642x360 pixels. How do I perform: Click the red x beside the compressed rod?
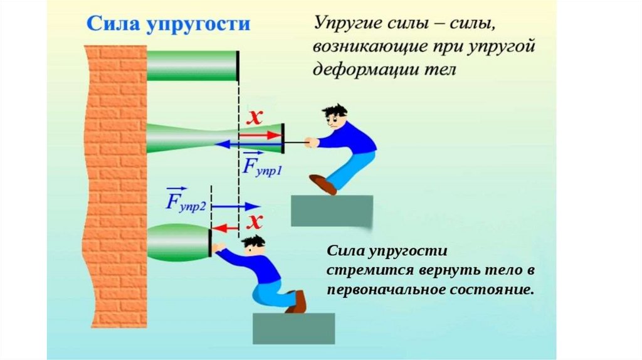click(x=254, y=221)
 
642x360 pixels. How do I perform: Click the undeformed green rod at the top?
click(x=192, y=65)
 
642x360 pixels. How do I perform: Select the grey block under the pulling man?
click(x=332, y=210)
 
